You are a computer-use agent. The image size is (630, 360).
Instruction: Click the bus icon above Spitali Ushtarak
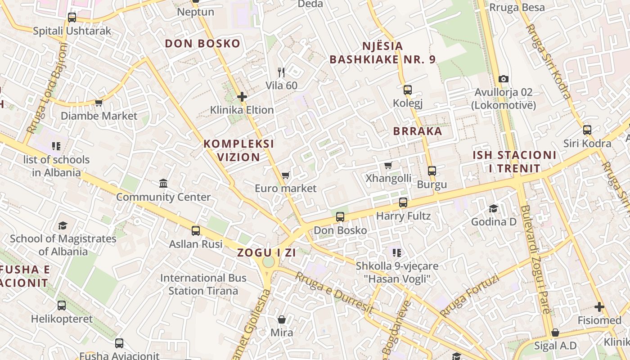(72, 18)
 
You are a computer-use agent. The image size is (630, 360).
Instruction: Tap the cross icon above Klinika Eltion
(242, 96)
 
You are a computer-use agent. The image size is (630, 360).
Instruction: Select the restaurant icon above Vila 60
(281, 72)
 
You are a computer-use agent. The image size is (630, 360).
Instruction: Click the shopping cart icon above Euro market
(285, 175)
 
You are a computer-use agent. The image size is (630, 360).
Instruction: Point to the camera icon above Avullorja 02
(504, 79)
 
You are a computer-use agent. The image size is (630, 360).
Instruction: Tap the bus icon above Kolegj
(408, 90)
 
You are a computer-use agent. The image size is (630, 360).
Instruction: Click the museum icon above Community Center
(163, 183)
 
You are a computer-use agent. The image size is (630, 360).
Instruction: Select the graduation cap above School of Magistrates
(63, 225)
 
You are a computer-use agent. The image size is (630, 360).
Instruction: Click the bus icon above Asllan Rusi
(196, 231)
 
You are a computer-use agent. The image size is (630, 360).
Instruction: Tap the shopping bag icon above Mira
(282, 319)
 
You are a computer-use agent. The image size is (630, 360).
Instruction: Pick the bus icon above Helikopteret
(62, 306)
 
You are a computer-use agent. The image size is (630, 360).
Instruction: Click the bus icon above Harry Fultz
(403, 202)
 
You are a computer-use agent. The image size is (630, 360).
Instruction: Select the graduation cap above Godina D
(494, 208)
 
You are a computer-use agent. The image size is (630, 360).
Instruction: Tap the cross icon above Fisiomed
(599, 307)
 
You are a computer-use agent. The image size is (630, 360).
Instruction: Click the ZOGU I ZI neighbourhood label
(266, 252)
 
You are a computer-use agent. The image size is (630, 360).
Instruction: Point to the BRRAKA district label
(418, 131)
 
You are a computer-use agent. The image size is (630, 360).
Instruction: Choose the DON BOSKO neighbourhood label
(202, 44)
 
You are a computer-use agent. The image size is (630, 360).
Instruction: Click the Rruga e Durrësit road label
(334, 292)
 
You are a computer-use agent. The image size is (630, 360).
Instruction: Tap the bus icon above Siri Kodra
(587, 130)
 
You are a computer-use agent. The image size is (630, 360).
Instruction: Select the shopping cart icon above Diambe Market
(99, 103)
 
